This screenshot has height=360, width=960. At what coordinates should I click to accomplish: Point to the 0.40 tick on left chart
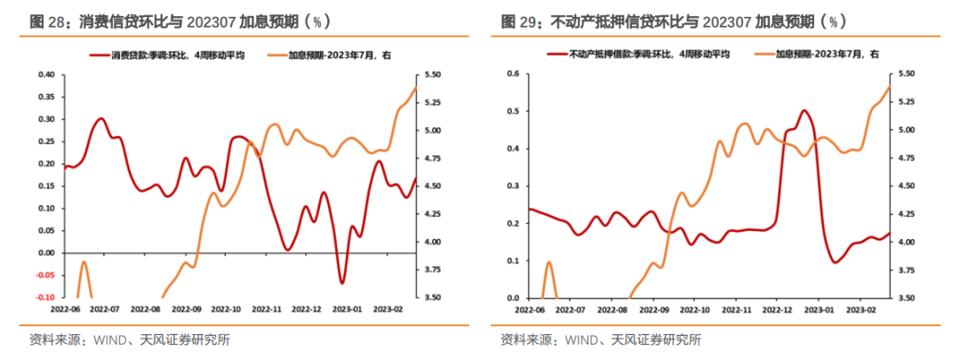44,74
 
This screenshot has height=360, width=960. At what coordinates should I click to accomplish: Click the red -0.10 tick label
44,298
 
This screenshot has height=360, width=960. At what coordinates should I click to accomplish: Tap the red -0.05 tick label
44,276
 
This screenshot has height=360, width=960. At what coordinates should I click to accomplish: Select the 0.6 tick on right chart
512,74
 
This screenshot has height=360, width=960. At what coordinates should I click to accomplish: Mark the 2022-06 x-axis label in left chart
65,309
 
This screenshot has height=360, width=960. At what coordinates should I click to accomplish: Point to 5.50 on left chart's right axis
433,74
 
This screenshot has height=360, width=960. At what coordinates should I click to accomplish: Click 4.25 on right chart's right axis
904,214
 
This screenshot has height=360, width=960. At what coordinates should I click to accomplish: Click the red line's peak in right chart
804,111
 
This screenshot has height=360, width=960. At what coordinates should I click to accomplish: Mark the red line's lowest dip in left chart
342,283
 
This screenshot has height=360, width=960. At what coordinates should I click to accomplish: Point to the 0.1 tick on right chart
512,260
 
